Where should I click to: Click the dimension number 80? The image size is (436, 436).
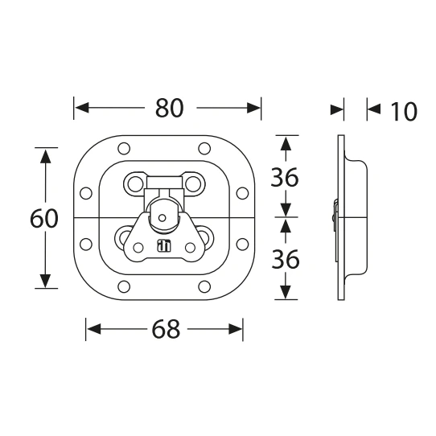[x=170, y=108]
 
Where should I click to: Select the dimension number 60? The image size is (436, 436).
[x=44, y=219]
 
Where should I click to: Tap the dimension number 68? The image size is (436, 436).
[x=166, y=329]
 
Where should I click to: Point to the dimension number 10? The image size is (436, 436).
[x=404, y=112]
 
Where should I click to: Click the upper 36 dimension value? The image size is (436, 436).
[x=285, y=177]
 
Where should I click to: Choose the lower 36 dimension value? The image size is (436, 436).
[x=286, y=259]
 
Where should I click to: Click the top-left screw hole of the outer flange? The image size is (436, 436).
[x=124, y=149]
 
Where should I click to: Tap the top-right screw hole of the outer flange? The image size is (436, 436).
[x=204, y=149]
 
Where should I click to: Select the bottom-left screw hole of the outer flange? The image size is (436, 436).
[x=124, y=286]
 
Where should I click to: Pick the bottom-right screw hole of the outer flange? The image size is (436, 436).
[x=204, y=286]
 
